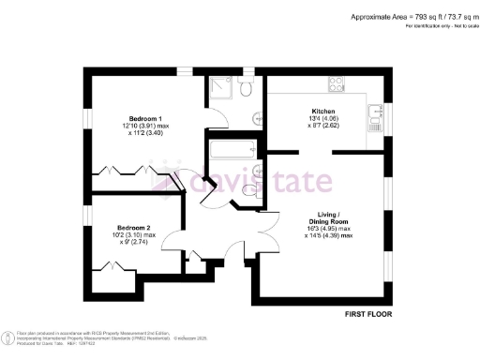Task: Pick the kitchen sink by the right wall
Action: click(376, 115)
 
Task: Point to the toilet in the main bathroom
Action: click(249, 190)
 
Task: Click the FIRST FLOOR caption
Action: click(368, 311)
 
